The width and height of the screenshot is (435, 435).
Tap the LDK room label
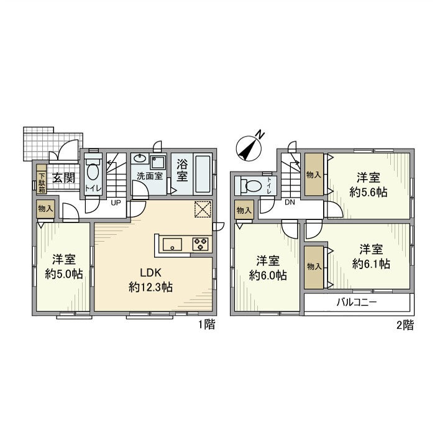150,272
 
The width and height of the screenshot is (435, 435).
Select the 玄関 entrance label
64,178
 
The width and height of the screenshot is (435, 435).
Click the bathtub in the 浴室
203,174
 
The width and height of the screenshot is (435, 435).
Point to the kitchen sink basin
172,244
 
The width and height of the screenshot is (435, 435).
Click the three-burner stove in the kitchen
201,244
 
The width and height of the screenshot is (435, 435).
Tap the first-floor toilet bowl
93,172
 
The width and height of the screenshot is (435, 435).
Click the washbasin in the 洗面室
140,159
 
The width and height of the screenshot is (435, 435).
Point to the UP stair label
116,203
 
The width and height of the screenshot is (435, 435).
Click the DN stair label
290,203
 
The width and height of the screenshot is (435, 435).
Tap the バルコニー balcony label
357,302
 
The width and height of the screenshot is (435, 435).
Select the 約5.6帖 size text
368,192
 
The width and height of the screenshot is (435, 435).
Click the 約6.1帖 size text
371,263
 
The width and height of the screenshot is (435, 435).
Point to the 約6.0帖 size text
268,275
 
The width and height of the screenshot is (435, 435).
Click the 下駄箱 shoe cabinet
42,179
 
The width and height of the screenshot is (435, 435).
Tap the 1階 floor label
206,324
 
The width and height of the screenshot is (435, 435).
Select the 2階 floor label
405,325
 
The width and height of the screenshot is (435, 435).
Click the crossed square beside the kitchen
203,209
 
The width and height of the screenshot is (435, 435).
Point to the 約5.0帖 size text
64,274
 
